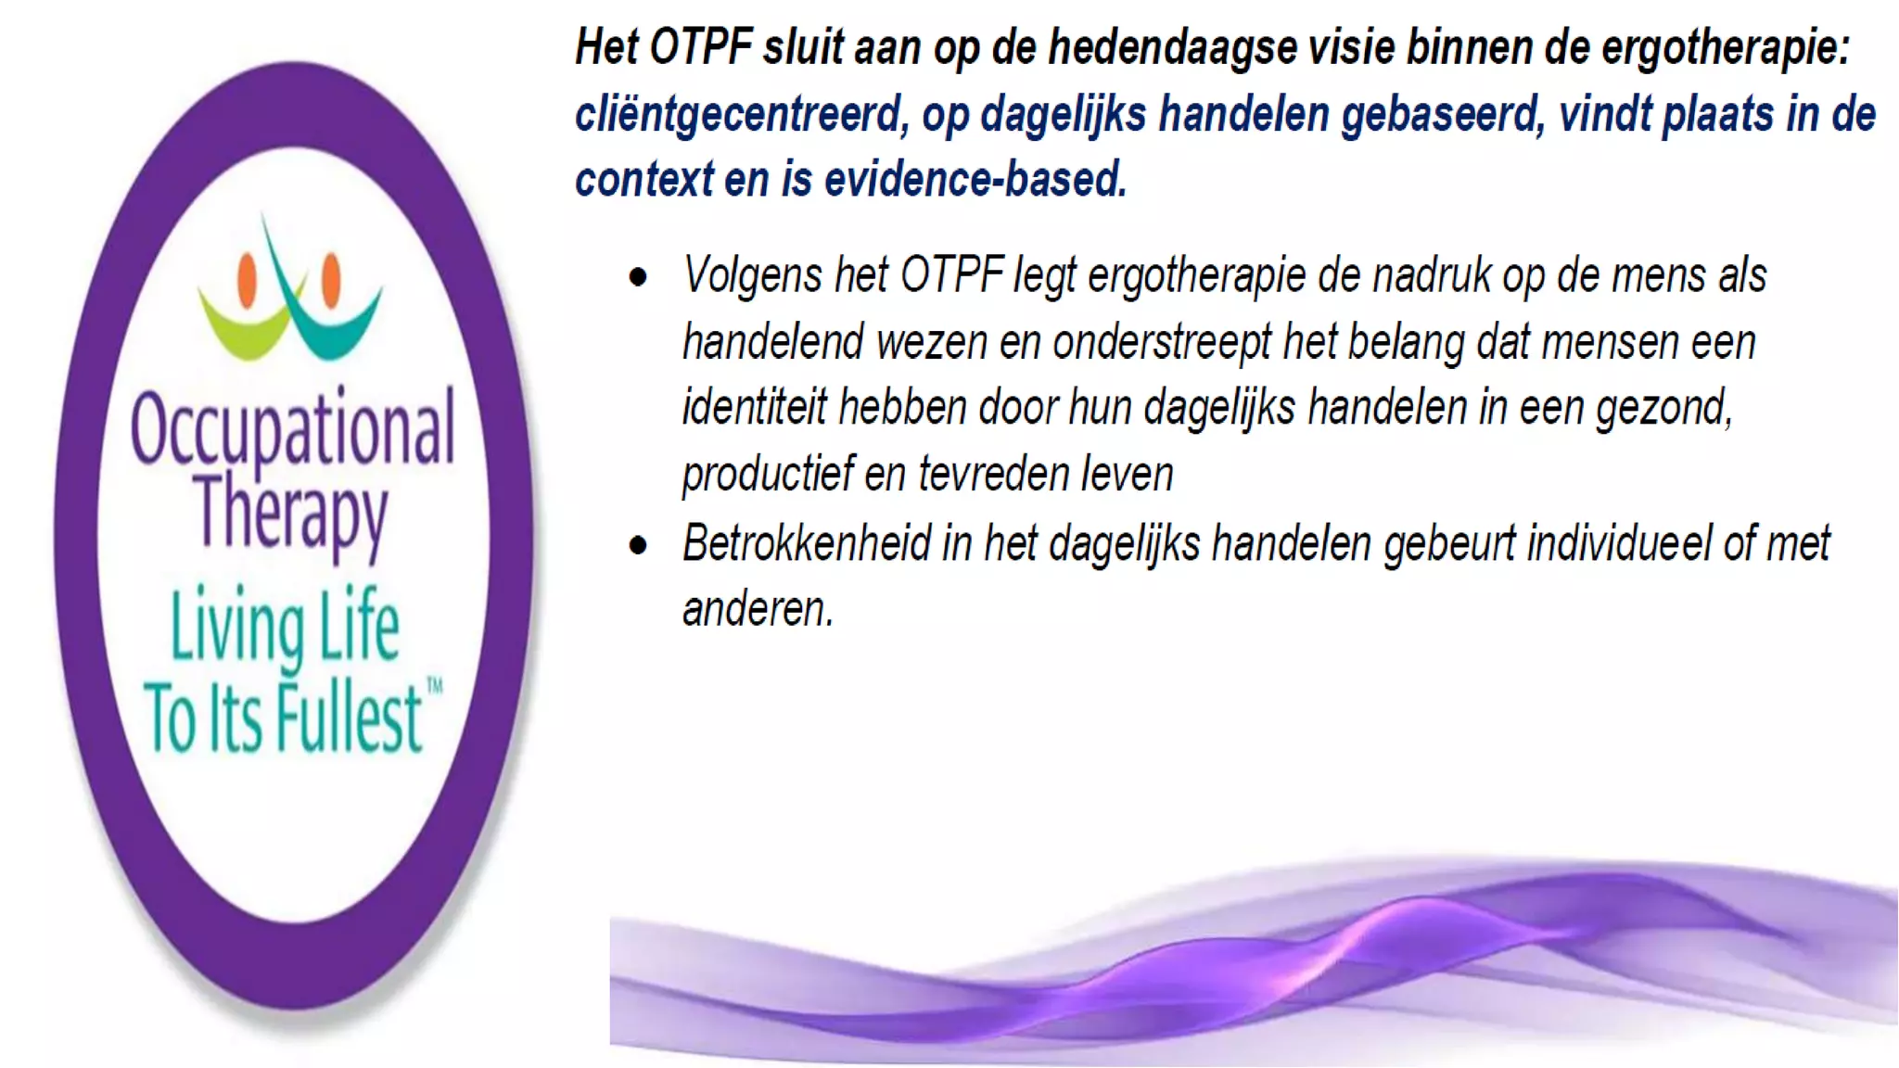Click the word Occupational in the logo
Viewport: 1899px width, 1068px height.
click(292, 429)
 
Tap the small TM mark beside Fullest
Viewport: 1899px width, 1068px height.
click(434, 687)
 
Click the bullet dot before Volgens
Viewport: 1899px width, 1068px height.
click(638, 277)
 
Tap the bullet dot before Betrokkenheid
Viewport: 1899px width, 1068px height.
click(638, 545)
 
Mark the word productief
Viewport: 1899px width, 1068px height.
click(767, 474)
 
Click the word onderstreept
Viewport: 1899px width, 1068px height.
click(1162, 342)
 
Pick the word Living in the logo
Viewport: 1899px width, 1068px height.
click(237, 630)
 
